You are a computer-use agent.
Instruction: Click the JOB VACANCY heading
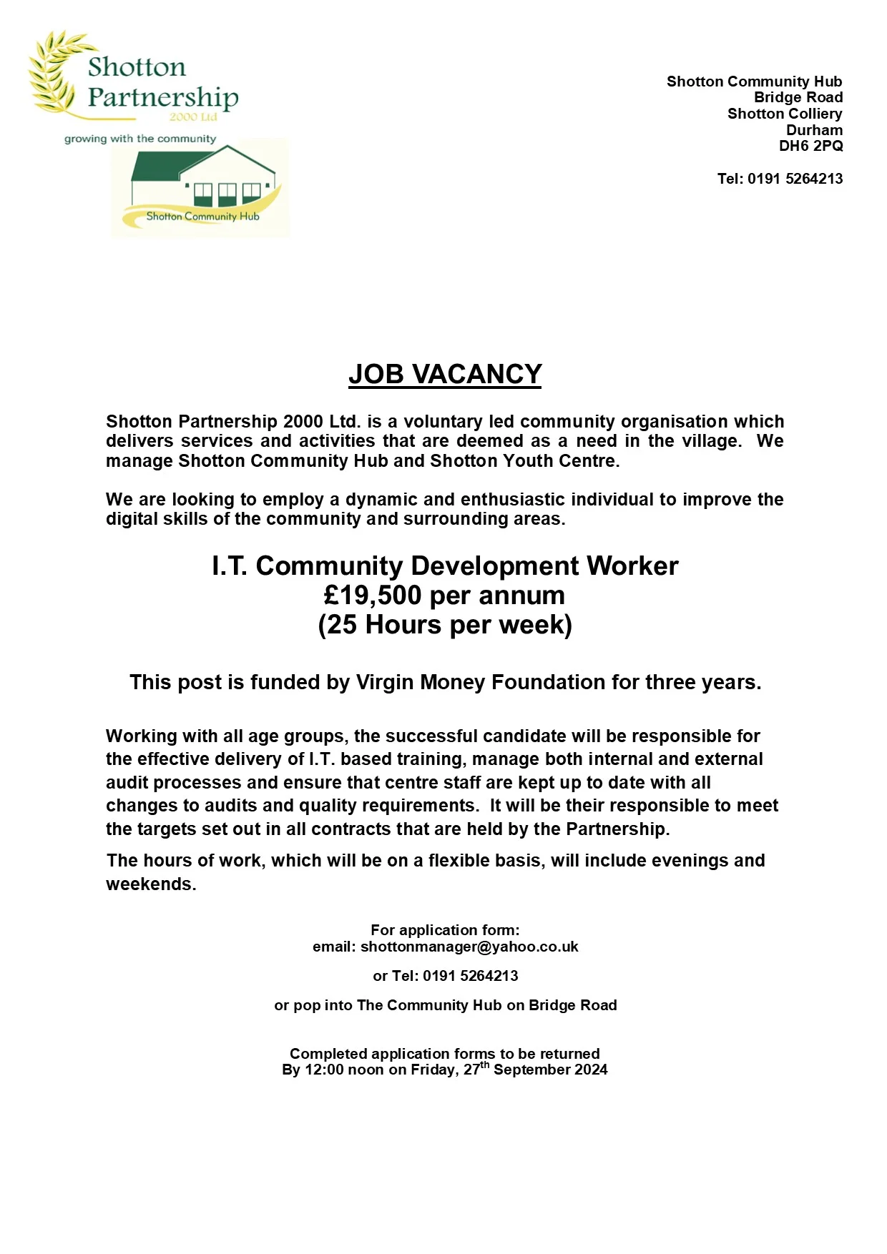pos(444,374)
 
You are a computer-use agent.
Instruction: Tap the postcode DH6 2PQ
pos(810,146)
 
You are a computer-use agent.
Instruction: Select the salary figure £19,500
pos(372,595)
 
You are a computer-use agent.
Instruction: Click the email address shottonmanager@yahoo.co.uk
pos(469,947)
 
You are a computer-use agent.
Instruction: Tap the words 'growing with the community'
pos(140,139)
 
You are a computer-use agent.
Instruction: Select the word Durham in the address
pos(814,130)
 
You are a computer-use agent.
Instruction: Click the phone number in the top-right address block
pos(795,179)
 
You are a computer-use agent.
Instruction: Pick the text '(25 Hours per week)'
pos(445,625)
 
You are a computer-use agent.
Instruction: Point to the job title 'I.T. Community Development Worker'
pos(445,566)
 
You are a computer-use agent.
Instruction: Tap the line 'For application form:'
pos(445,929)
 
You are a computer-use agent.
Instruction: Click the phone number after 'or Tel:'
pos(470,976)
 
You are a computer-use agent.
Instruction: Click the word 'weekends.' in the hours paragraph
pos(151,884)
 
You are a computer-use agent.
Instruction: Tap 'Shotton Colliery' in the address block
pos(785,114)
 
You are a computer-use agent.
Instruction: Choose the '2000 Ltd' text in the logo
pos(193,117)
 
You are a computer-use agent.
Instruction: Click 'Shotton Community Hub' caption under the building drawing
pos(202,216)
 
